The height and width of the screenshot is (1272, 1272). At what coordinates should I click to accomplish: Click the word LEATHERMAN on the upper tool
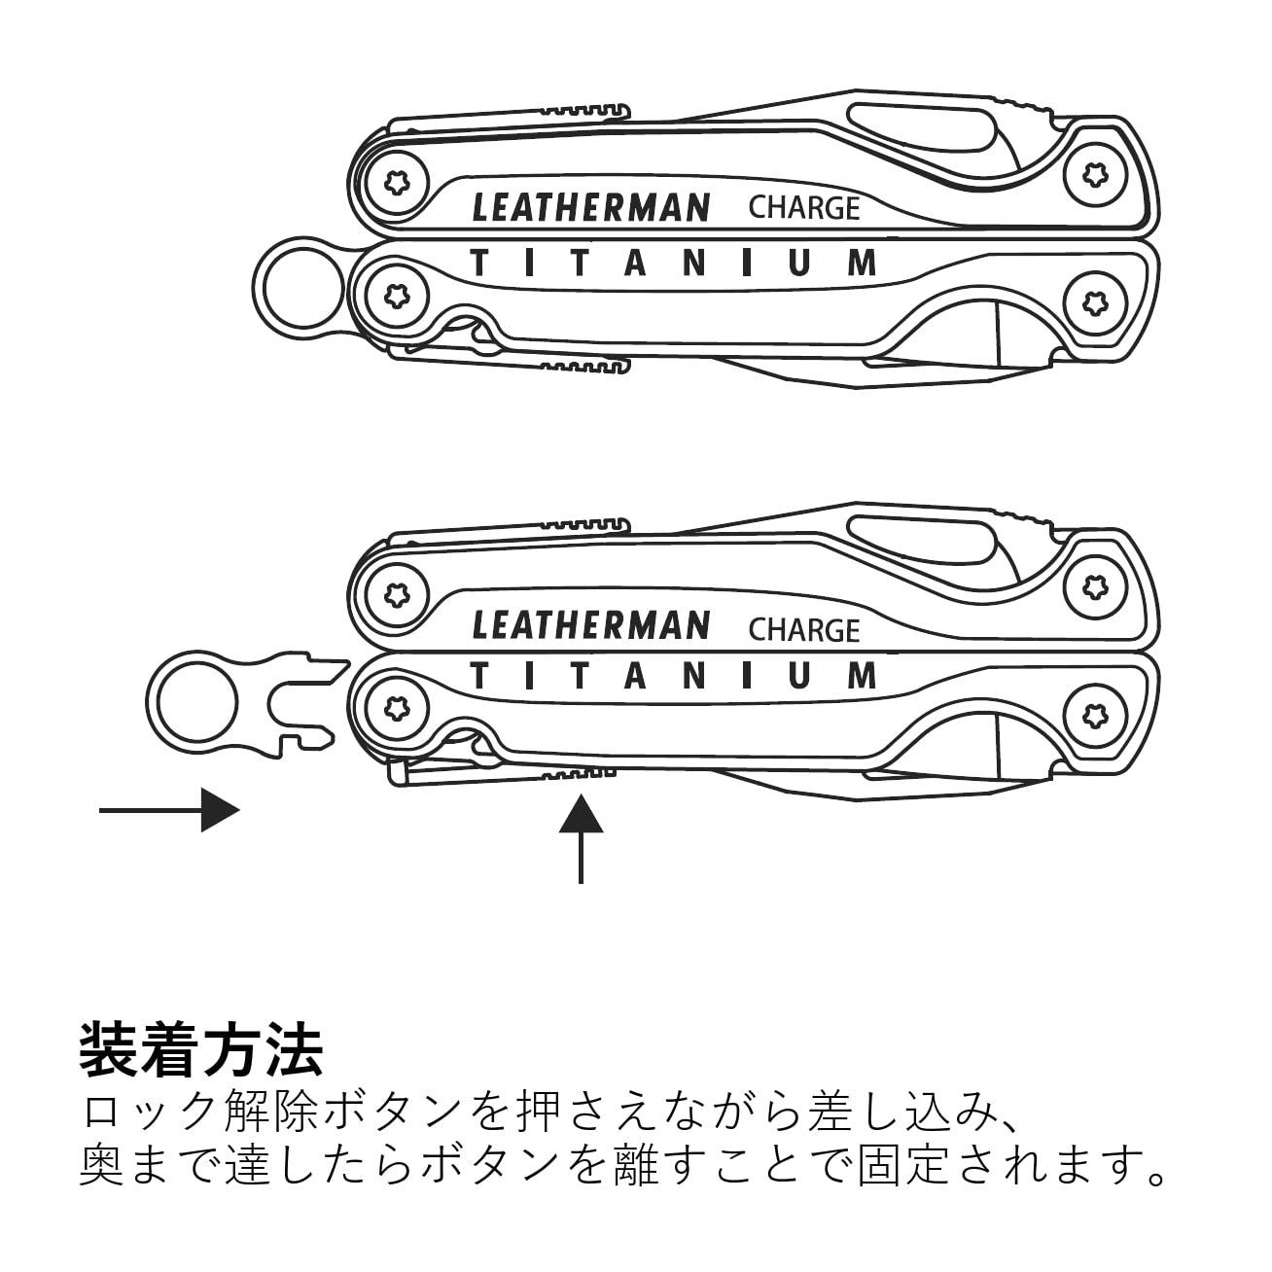click(591, 207)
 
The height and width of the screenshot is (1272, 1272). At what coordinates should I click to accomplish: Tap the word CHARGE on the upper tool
click(804, 208)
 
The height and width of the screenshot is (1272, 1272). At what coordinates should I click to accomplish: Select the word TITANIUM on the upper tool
click(673, 263)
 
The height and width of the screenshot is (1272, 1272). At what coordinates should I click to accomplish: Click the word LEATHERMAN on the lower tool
click(591, 625)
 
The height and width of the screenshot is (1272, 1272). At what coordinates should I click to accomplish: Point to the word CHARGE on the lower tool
click(804, 630)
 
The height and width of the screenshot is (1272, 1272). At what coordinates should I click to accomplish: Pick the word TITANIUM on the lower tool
click(673, 676)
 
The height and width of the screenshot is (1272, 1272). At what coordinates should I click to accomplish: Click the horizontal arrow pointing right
click(169, 810)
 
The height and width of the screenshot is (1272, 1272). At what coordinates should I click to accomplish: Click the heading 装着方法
click(200, 1051)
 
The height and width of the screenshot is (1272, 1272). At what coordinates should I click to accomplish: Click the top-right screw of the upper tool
click(1095, 175)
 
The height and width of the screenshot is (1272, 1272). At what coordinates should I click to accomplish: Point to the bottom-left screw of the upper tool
click(397, 296)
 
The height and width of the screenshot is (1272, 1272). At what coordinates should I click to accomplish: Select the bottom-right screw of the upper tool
click(1095, 302)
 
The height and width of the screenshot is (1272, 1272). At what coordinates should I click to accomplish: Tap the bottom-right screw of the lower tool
click(1095, 716)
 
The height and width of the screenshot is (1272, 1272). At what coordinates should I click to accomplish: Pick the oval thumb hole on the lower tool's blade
click(922, 544)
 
